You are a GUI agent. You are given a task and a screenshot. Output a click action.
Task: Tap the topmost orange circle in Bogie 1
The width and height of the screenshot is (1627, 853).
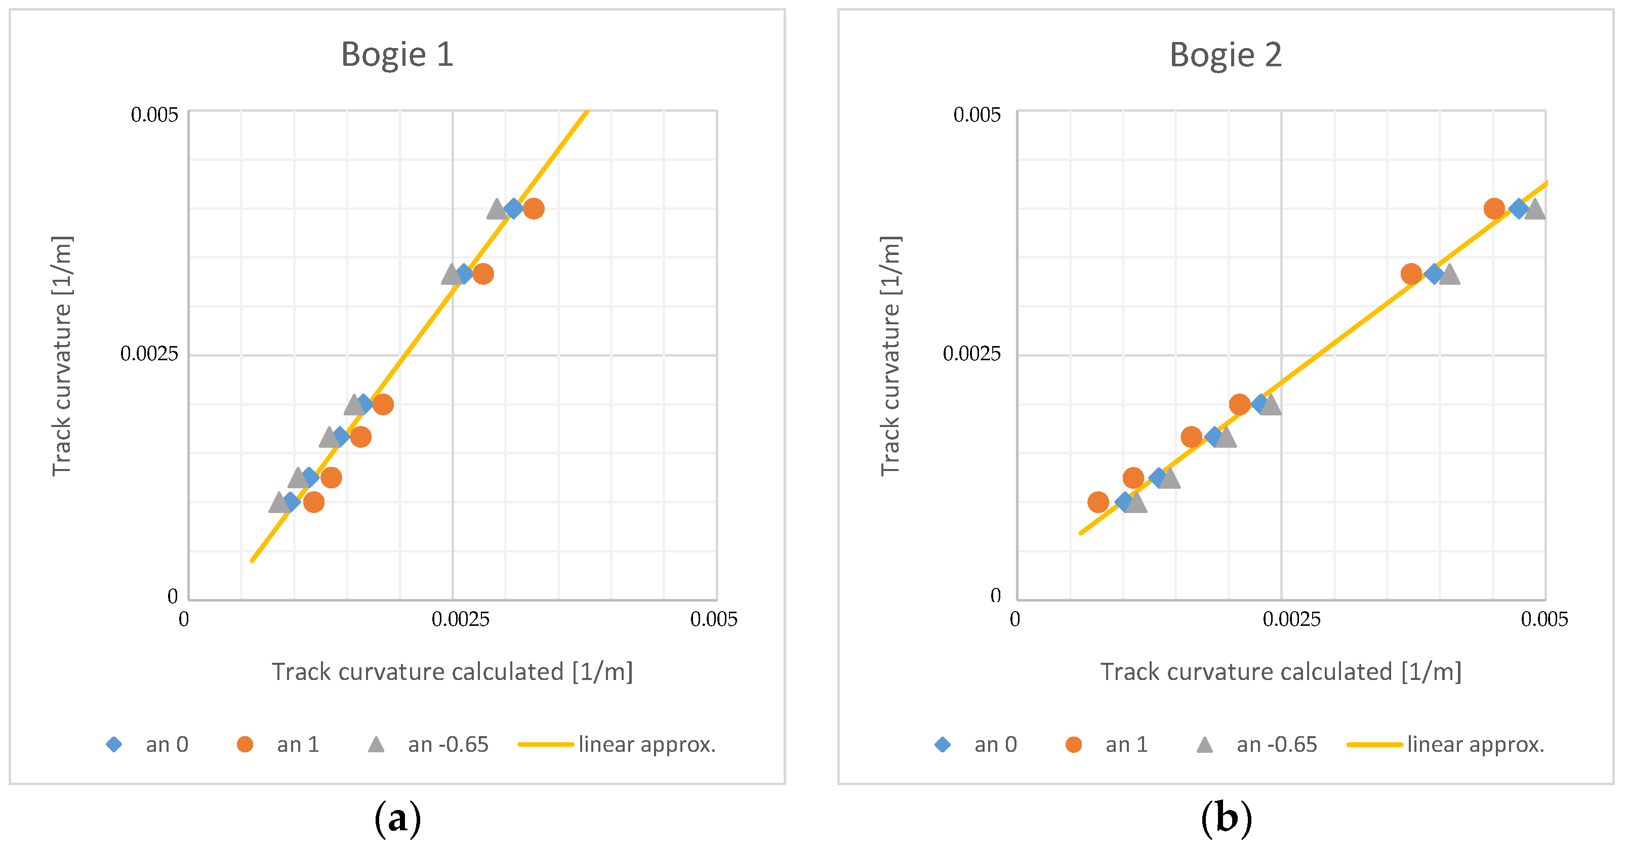[534, 208]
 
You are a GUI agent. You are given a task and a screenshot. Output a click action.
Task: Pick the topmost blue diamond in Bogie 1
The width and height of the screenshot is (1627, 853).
[514, 208]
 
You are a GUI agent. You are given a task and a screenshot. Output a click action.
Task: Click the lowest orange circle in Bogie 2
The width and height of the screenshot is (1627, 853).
[1099, 502]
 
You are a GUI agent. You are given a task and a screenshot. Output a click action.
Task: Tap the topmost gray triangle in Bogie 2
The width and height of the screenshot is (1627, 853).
[1535, 209]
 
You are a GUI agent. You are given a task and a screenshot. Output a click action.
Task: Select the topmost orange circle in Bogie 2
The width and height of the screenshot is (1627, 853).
[1494, 208]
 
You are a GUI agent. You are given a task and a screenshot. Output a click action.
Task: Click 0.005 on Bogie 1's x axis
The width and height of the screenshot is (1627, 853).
[714, 619]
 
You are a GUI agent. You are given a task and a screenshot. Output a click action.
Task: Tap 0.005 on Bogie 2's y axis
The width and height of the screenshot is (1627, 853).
[977, 115]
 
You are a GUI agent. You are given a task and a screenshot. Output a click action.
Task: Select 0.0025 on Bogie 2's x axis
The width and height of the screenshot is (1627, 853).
[1291, 619]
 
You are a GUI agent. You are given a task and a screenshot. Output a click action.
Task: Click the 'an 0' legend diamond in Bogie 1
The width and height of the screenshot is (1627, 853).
[114, 744]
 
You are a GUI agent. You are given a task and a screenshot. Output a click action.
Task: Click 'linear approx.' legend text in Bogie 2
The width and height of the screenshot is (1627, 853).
[1476, 744]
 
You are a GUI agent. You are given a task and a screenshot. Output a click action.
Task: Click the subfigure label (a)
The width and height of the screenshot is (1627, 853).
[397, 819]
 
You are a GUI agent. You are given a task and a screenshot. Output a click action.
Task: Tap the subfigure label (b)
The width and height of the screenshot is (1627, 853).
[1226, 819]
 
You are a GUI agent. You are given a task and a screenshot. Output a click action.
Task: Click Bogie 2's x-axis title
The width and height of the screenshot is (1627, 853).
[1280, 672]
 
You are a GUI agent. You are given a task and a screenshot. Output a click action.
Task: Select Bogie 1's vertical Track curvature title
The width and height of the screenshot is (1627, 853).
[62, 356]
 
